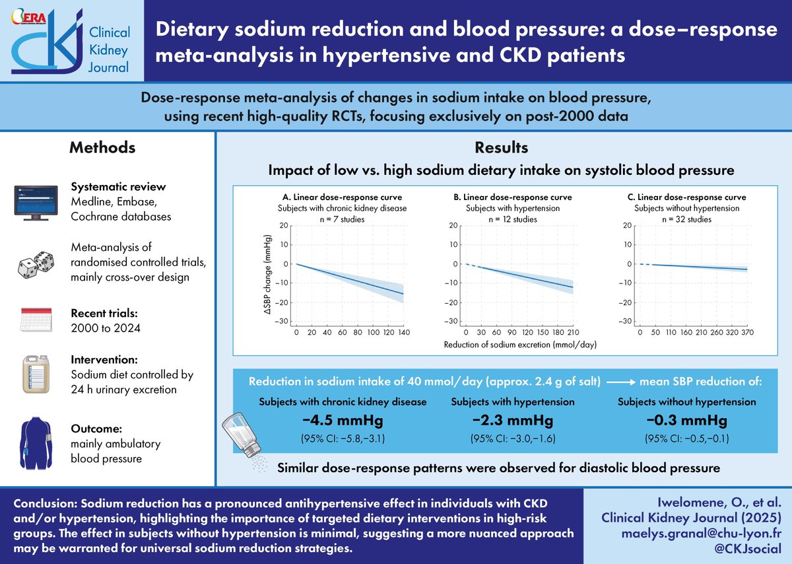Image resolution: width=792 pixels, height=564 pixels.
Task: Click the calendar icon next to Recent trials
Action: (37, 320)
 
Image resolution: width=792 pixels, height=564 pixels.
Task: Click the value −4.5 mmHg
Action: (343, 421)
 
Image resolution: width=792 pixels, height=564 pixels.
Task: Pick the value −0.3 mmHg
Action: (687, 421)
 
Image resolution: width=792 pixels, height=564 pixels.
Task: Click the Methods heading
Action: (103, 147)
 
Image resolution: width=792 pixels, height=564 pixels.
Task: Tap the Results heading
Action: (501, 147)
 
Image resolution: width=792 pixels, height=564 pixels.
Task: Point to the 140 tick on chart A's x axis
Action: (403, 334)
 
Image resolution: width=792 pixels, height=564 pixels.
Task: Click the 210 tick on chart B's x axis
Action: (573, 334)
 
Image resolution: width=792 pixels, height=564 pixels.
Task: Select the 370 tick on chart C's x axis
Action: (746, 334)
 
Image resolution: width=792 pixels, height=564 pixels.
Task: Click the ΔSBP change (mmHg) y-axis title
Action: (267, 273)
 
